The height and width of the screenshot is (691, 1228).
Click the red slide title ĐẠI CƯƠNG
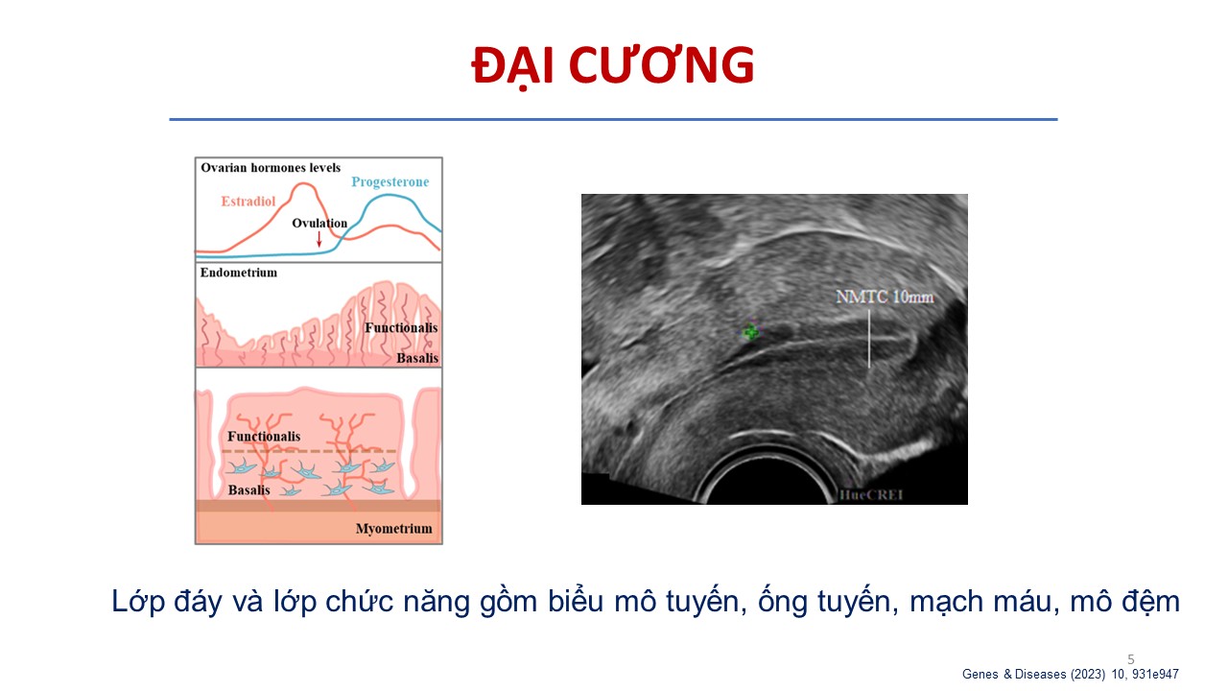pos(613,66)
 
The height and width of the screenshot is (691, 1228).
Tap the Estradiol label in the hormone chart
pos(248,202)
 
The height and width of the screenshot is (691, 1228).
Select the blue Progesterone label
pos(390,181)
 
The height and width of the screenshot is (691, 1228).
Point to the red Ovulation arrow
pos(319,239)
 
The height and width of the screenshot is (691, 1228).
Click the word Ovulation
pos(319,223)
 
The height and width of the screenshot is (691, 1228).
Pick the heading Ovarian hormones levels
pos(271,167)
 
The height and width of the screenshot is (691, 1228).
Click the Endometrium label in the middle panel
pos(239,273)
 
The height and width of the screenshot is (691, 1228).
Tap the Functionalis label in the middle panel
pos(401,327)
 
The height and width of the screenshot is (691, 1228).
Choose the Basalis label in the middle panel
pos(417,358)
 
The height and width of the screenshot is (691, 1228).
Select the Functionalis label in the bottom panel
pos(264,436)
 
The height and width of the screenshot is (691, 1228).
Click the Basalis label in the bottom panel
pos(248,489)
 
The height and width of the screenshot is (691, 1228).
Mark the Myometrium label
pos(393,528)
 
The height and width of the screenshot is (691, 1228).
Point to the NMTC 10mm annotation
pos(885,297)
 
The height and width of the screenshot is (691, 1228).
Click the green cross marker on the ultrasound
pos(750,331)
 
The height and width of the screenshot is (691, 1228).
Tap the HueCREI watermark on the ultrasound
pos(870,494)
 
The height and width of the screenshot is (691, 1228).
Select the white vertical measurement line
pos(869,338)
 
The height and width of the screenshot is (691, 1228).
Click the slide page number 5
pos(1130,659)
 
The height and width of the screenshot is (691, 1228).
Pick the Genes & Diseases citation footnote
pos(1070,674)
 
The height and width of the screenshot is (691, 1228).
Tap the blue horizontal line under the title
pos(613,119)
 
